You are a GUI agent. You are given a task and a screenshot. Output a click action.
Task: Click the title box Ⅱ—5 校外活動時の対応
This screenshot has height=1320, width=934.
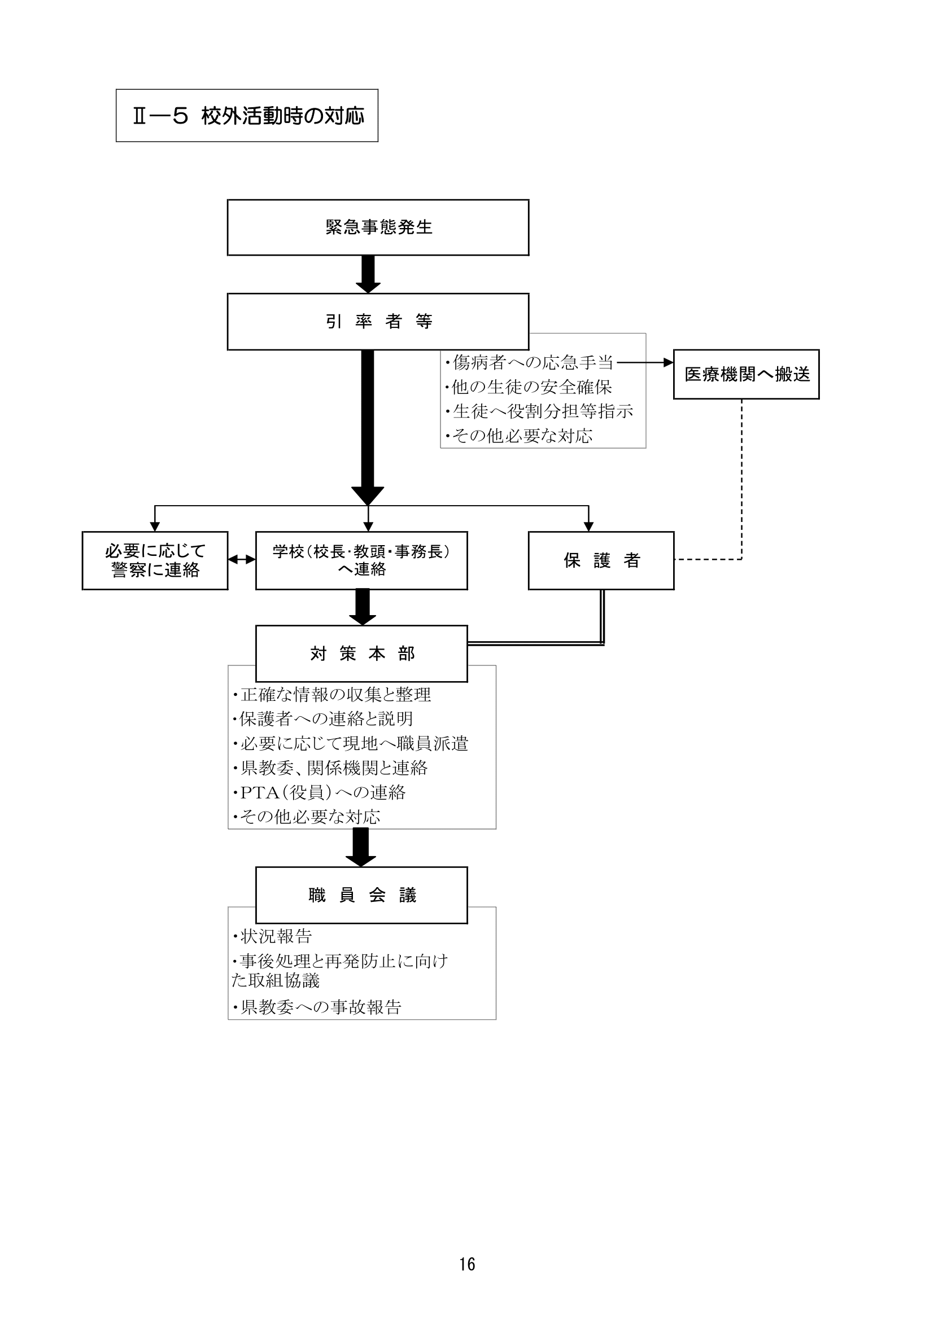pyautogui.click(x=247, y=116)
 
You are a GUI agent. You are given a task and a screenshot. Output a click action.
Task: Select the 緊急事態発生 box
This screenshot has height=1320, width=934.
pyautogui.click(x=378, y=227)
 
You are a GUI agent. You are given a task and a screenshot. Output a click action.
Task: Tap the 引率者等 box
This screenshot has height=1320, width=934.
pyautogui.click(x=378, y=321)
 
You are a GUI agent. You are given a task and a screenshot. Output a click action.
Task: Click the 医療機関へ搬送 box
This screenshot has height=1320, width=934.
pyautogui.click(x=746, y=374)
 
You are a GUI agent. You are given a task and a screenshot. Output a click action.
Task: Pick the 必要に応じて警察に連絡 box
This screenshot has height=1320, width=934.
pyautogui.click(x=155, y=560)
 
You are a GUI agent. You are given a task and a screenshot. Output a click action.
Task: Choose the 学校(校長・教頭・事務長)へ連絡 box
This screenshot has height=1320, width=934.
pyautogui.click(x=361, y=560)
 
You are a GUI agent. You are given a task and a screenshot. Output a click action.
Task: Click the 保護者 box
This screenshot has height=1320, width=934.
pyautogui.click(x=601, y=560)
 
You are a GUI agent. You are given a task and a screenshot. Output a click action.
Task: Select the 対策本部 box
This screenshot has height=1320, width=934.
pyautogui.click(x=361, y=654)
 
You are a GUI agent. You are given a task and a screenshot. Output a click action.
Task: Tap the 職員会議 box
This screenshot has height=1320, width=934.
pyautogui.click(x=361, y=895)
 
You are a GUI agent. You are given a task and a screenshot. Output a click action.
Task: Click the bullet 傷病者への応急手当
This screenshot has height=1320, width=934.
pyautogui.click(x=529, y=363)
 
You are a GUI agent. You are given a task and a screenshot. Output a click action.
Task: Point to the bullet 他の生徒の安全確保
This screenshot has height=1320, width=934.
pyautogui.click(x=528, y=388)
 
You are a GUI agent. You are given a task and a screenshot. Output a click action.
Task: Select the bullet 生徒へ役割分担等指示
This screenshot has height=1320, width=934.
pyautogui.click(x=539, y=411)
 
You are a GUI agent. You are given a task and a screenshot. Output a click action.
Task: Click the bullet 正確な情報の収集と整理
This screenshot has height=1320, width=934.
pyautogui.click(x=331, y=695)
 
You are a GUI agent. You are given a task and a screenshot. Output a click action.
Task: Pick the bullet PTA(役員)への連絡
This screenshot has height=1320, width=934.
pyautogui.click(x=318, y=793)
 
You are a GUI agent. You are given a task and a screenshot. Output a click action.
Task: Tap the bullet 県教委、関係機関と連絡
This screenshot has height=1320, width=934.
pyautogui.click(x=330, y=768)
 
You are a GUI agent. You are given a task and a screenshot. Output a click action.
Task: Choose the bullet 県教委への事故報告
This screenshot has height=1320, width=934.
pyautogui.click(x=316, y=1007)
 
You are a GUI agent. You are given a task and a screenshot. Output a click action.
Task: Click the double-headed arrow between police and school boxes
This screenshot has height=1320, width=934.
pyautogui.click(x=242, y=559)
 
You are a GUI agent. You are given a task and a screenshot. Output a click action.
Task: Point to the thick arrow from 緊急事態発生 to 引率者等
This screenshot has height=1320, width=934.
pyautogui.click(x=368, y=274)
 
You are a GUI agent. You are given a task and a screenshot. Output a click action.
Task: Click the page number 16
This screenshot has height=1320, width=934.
pyautogui.click(x=467, y=1264)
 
